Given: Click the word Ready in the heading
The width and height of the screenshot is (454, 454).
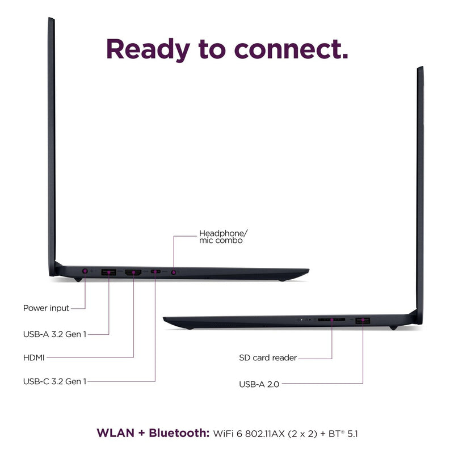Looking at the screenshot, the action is tap(148, 50).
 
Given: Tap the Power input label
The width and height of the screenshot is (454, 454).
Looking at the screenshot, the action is tap(46, 308).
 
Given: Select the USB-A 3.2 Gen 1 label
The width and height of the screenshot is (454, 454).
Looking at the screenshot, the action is tap(54, 334).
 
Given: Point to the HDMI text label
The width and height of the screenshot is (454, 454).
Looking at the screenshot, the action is tap(34, 358).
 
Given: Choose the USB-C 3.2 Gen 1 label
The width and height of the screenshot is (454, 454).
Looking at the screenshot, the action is tap(54, 381).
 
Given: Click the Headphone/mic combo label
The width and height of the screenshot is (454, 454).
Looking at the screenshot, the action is tap(223, 237).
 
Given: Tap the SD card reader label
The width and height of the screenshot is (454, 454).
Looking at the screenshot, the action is tap(268, 358).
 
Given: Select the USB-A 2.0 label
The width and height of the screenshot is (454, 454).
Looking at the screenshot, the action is tap(259, 384).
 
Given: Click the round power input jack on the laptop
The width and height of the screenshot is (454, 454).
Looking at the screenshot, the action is tap(85, 271).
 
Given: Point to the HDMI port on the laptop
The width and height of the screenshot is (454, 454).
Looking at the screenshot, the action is tap(133, 272).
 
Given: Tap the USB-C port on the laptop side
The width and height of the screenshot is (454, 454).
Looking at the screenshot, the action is tap(155, 272).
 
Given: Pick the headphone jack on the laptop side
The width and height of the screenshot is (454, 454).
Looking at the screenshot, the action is tap(174, 272).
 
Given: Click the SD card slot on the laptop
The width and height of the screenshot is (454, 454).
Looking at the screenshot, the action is tap(331, 320).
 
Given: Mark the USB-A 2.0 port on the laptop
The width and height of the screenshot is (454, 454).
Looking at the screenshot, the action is tap(363, 320).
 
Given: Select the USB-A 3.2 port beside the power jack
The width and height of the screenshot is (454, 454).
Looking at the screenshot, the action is tap(108, 272).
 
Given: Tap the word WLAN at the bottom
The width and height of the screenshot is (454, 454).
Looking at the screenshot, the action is tap(116, 433).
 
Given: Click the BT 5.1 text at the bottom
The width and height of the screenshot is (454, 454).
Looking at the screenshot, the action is tap(343, 434).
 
